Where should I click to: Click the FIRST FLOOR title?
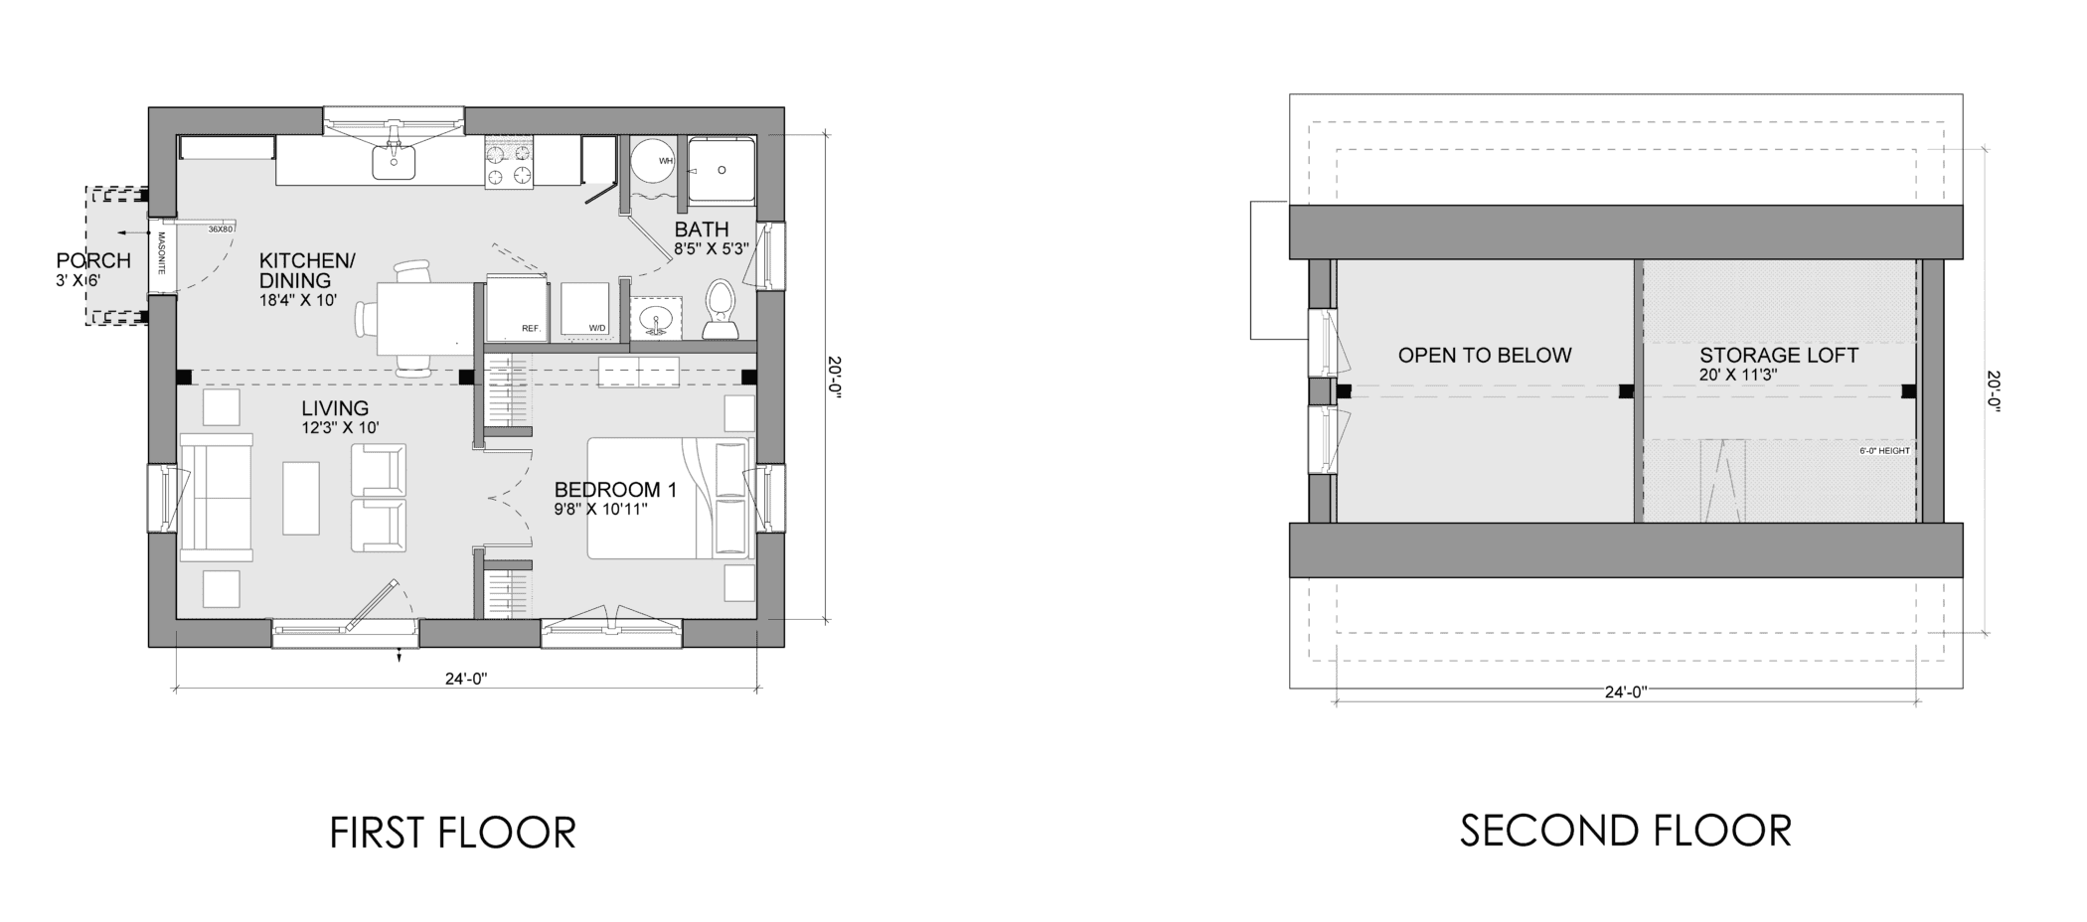click(x=452, y=833)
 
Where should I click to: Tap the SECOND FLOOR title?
click(x=1625, y=831)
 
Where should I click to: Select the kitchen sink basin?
click(x=394, y=162)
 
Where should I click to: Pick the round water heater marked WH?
click(x=654, y=160)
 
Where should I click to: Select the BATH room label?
click(x=702, y=230)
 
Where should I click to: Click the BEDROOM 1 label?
click(x=615, y=490)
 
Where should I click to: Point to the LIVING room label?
click(x=335, y=408)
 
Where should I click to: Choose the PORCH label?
click(x=93, y=260)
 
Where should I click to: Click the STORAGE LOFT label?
click(x=1778, y=356)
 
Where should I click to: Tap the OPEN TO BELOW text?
click(x=1485, y=355)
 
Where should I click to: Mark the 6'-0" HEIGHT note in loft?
click(x=1883, y=451)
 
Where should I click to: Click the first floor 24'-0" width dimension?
click(x=465, y=680)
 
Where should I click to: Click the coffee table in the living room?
click(x=301, y=498)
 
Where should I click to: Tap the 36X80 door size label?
click(x=220, y=230)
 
